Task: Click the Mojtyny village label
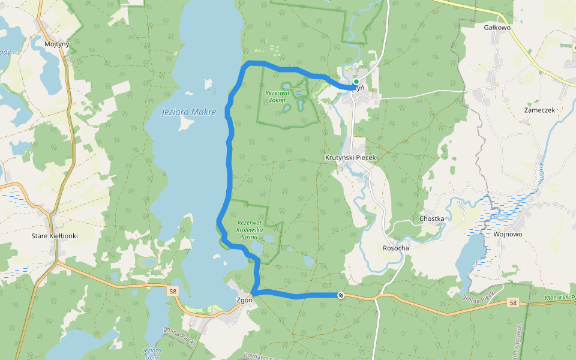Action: point(57,44)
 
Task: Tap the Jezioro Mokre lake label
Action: point(188,112)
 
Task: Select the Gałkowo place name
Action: point(497,27)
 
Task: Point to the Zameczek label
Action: point(539,110)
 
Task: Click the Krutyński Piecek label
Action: point(350,157)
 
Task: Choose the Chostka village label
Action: point(432,218)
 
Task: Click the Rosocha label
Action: point(395,248)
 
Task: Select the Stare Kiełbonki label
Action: point(55,236)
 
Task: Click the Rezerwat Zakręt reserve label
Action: point(277,97)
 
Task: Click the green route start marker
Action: point(356,82)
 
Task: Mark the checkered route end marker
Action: point(341,295)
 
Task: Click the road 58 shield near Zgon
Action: point(173,291)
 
